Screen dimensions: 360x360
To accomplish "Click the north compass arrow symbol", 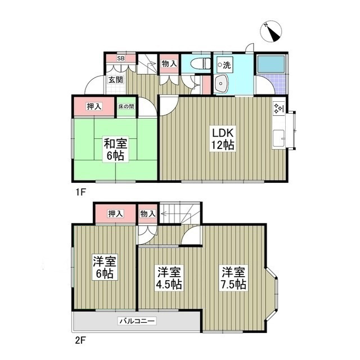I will (x=272, y=32).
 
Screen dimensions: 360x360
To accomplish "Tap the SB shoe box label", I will (x=120, y=58).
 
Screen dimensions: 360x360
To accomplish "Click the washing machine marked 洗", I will (x=225, y=65).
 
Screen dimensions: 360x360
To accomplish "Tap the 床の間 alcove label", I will (x=125, y=107).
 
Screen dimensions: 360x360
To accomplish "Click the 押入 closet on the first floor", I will (x=94, y=107).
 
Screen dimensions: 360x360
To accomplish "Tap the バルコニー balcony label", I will (x=137, y=321).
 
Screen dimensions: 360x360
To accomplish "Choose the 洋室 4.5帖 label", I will (x=169, y=278).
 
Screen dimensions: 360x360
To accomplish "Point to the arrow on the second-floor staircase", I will (x=167, y=214).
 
